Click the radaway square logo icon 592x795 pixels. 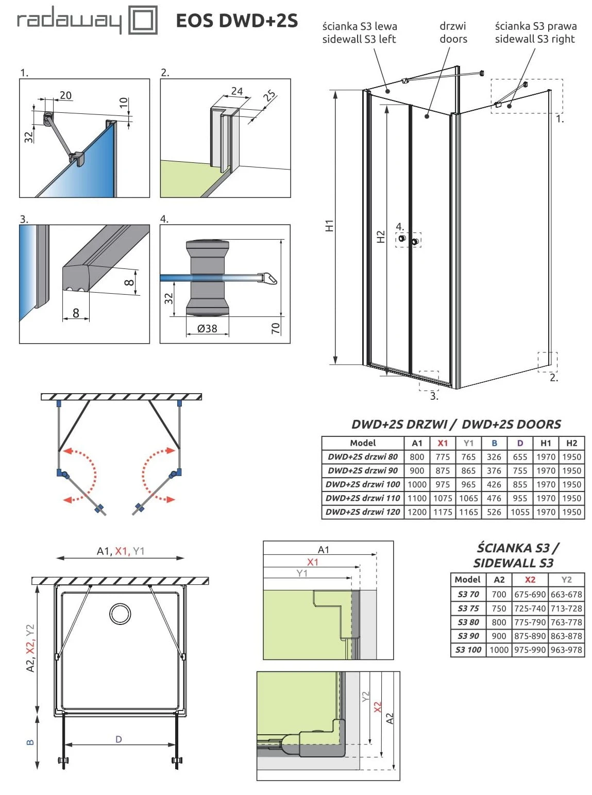[x=142, y=21]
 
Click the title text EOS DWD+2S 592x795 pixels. [x=236, y=21]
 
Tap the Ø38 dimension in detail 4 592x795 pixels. [x=207, y=328]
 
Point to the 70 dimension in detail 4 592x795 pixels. [x=276, y=328]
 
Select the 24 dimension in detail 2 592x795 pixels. [x=236, y=91]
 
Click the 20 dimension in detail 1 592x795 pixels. [x=65, y=95]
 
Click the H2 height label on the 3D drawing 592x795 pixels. [x=380, y=236]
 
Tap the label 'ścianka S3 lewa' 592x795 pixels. [x=360, y=26]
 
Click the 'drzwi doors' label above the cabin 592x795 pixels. [x=453, y=32]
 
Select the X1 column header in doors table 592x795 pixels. [x=443, y=443]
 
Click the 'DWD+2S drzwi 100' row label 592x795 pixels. [x=363, y=484]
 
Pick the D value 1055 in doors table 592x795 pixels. [x=520, y=512]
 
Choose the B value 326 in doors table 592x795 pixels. [x=494, y=456]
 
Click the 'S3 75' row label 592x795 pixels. [x=468, y=608]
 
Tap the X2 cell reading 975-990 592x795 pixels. [x=530, y=650]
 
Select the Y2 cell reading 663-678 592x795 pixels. [x=566, y=594]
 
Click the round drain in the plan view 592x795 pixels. [x=120, y=614]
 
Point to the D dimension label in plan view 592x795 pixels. [x=119, y=739]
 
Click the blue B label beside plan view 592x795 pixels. [x=30, y=742]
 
